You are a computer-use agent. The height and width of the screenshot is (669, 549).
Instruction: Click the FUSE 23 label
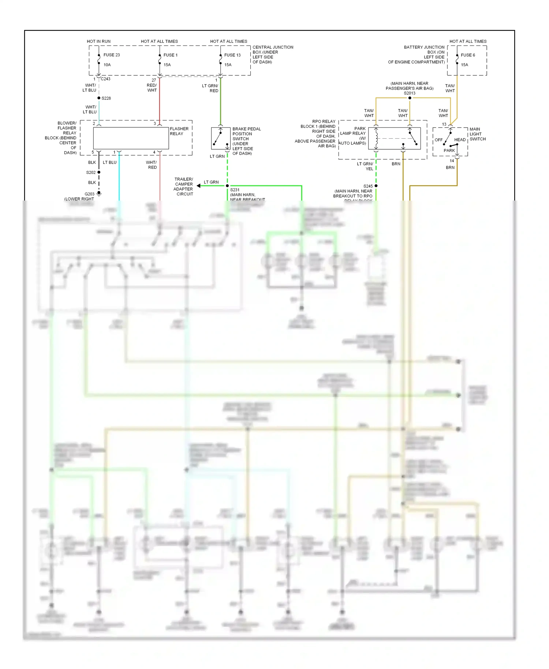point(111,55)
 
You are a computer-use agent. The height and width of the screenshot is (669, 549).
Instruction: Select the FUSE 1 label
point(170,55)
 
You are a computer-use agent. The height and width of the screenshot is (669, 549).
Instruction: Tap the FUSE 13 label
point(232,55)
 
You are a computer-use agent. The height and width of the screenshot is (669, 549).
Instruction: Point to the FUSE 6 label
point(468,55)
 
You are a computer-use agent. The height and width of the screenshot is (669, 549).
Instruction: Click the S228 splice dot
point(99,98)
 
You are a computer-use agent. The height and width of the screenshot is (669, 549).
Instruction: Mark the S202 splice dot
point(99,172)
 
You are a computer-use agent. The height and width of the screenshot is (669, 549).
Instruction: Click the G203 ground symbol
point(99,193)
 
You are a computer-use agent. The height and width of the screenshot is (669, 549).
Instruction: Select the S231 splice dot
point(227,186)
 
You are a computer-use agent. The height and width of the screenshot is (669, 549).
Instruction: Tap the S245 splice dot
point(376,186)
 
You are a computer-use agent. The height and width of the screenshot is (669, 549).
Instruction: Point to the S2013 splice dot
point(410,98)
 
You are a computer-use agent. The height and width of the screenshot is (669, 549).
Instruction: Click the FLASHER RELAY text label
point(179,131)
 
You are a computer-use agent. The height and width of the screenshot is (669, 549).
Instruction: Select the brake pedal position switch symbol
point(220,138)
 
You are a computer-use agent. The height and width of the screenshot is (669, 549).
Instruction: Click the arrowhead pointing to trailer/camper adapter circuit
point(199,186)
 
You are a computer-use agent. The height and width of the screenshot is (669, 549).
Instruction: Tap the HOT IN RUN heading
point(98,41)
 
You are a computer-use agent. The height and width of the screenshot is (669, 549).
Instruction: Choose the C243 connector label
point(105,79)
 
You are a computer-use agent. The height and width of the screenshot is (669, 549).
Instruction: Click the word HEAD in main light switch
point(460,140)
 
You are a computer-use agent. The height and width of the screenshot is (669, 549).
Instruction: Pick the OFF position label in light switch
point(438,140)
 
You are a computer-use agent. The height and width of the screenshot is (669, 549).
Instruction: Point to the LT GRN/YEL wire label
point(365,166)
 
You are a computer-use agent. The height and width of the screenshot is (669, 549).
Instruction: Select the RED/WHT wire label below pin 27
point(152,87)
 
